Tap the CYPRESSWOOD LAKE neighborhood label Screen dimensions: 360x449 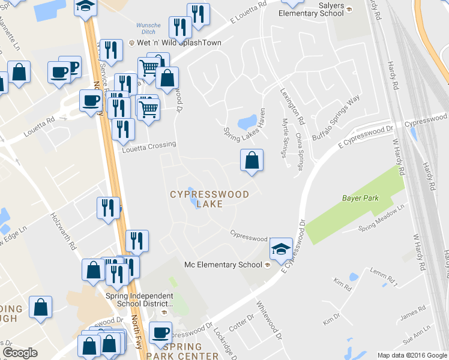point(209,199)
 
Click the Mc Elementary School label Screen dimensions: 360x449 point(223,265)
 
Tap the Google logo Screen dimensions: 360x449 point(20,353)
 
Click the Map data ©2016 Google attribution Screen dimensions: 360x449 point(412,355)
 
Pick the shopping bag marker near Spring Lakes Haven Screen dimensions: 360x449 point(252,161)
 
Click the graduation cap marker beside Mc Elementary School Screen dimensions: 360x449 point(280,248)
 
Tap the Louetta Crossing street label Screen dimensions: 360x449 point(149,145)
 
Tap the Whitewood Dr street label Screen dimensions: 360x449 point(269,319)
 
